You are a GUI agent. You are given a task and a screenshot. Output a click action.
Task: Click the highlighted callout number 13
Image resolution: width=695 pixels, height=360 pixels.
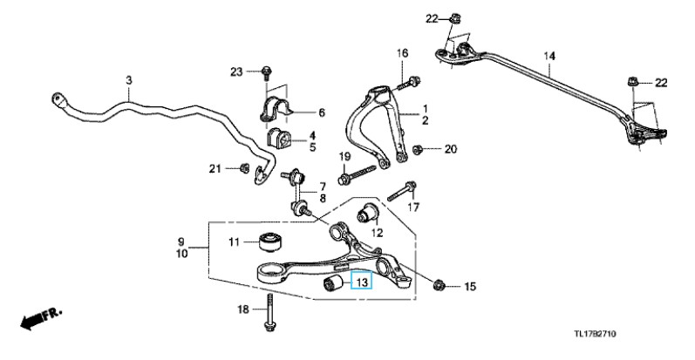coord(360,281)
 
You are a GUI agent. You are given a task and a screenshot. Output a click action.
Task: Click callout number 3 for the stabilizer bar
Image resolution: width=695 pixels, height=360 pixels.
coord(128,81)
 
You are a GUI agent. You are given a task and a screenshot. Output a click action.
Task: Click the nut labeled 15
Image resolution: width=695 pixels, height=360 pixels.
coord(440,285)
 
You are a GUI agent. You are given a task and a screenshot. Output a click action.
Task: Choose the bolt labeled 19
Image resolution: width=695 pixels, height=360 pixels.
coord(358,173)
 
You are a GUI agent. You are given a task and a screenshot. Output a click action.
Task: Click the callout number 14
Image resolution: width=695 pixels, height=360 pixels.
coord(549,58)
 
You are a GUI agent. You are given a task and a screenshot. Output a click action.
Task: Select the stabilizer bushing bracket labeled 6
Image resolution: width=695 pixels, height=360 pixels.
coord(278,112)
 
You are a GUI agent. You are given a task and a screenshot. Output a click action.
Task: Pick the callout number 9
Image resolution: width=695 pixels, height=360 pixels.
coord(181,241)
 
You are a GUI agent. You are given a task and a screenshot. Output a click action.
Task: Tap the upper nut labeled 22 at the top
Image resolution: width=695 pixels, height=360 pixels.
coord(456,17)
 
